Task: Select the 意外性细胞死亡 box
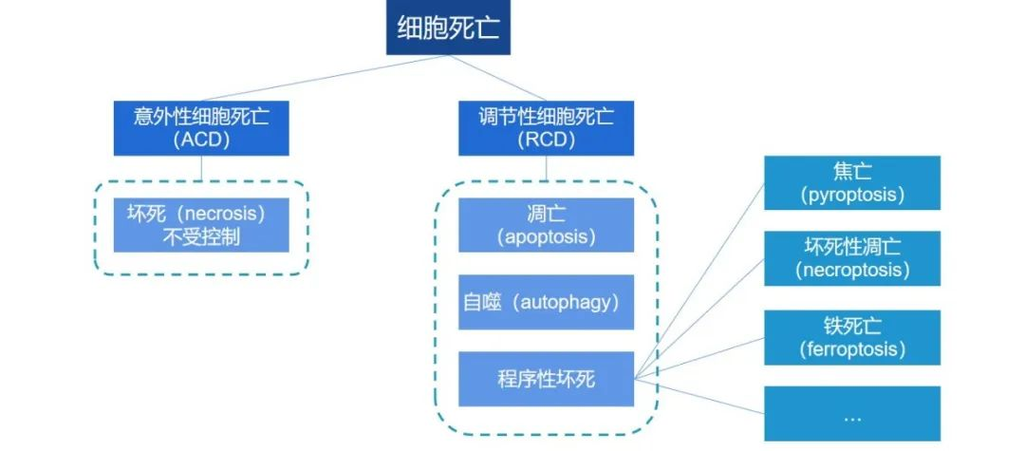click(x=201, y=128)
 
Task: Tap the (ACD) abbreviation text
click(x=201, y=141)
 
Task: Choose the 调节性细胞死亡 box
click(x=547, y=128)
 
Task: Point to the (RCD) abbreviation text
click(x=547, y=141)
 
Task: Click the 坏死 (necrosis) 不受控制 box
click(x=201, y=225)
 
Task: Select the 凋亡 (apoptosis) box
click(x=547, y=225)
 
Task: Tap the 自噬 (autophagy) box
click(x=547, y=302)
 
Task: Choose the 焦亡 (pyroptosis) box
click(x=851, y=182)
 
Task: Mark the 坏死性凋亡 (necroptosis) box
click(x=851, y=258)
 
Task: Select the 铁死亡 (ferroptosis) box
click(x=851, y=337)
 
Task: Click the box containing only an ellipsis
click(x=851, y=413)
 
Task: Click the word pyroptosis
click(x=851, y=195)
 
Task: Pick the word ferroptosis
click(x=851, y=349)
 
